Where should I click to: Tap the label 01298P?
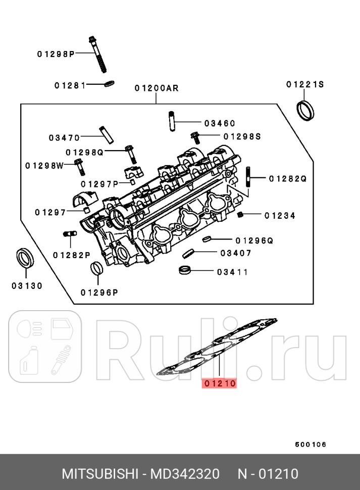tap(56, 54)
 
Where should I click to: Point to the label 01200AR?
tap(157, 88)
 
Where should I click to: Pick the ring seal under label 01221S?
tap(304, 110)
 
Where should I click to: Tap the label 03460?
tap(220, 123)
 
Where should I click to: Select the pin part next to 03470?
tap(106, 133)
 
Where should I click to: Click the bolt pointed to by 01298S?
tap(195, 136)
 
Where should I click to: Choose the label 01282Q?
tap(288, 178)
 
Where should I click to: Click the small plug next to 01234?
tap(241, 215)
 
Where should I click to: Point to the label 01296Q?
tap(254, 240)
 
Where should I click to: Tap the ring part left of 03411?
tap(186, 270)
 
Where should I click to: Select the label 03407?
tap(235, 253)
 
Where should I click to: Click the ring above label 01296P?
tap(96, 269)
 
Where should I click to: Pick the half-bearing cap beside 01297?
tap(83, 201)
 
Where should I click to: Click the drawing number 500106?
tap(311, 445)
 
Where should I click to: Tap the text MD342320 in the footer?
tap(187, 474)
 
